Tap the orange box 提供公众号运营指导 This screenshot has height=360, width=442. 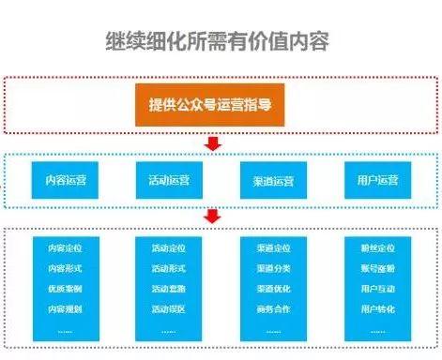(215, 106)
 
